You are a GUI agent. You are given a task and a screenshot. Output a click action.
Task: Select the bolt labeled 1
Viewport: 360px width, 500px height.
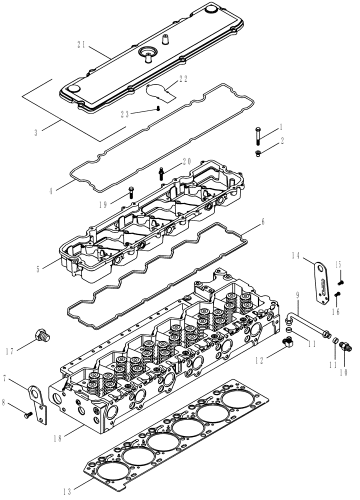point(257,134)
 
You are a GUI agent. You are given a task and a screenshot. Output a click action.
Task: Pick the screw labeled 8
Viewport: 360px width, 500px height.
point(28,414)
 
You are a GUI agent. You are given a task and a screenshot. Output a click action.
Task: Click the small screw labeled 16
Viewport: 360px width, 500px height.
point(337,293)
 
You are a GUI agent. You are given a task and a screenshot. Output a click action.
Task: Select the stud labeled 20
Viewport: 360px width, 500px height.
point(161,173)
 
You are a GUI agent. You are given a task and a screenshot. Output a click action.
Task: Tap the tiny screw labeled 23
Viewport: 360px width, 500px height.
point(158,108)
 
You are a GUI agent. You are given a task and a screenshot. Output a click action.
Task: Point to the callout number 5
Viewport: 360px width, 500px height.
point(38,268)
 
